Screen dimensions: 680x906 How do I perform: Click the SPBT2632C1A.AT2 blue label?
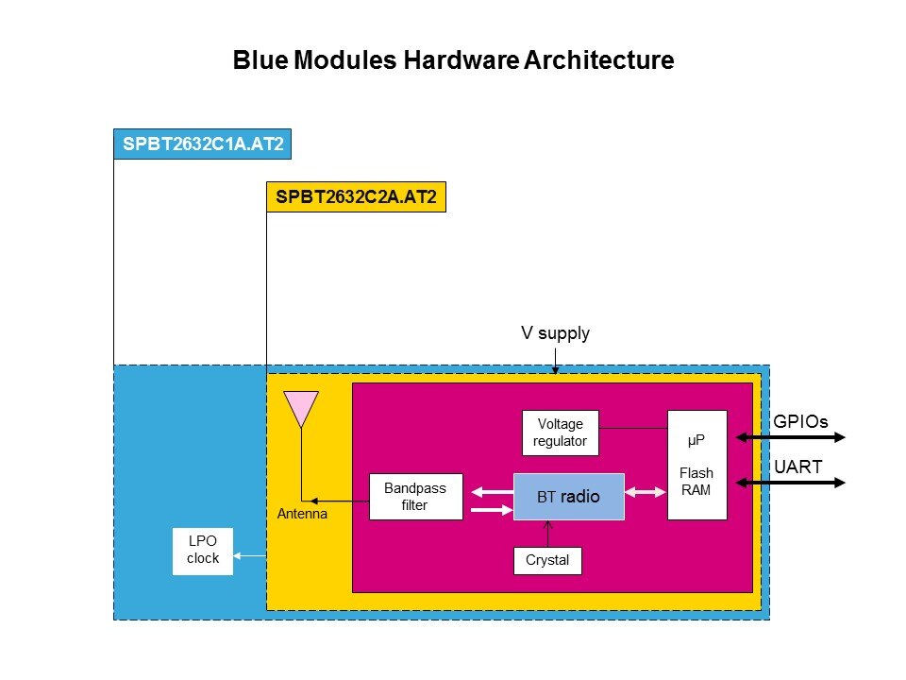(200, 144)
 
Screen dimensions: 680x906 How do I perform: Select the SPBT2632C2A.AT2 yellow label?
(356, 197)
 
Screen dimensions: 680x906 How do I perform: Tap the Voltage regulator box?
(561, 433)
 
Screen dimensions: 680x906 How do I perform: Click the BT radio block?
(569, 496)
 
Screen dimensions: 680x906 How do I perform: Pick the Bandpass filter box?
(415, 496)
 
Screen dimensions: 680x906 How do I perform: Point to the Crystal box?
(547, 560)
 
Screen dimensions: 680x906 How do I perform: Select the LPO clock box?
(203, 551)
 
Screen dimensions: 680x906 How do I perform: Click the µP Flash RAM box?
(696, 465)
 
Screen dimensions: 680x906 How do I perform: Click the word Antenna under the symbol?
(303, 515)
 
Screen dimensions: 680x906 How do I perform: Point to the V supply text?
(555, 332)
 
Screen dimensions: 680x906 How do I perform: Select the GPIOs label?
(800, 422)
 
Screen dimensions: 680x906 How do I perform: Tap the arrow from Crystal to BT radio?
(547, 534)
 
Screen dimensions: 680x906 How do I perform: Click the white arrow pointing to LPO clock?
(249, 556)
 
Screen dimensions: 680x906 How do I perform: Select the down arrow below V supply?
(555, 361)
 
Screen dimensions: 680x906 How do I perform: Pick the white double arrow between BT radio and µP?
(646, 491)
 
